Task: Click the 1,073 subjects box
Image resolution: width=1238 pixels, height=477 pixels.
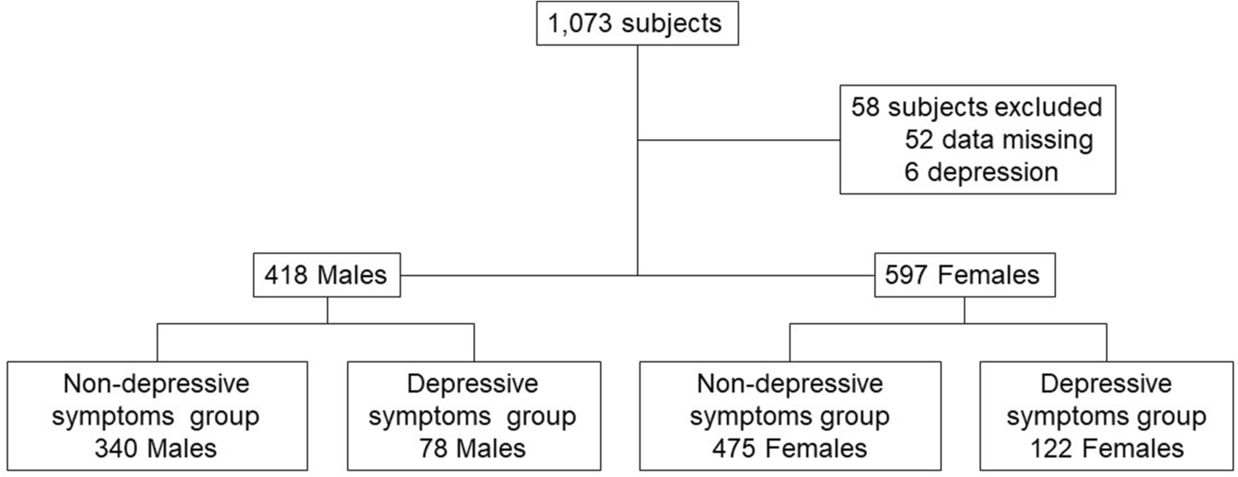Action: [638, 23]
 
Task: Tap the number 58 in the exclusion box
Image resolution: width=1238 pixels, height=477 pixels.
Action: [865, 107]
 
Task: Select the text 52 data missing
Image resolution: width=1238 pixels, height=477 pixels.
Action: [998, 140]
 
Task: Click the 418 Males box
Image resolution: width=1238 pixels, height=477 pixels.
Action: [326, 274]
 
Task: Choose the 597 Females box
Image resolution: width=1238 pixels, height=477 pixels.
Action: [964, 274]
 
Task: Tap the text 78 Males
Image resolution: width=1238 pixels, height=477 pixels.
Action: [473, 448]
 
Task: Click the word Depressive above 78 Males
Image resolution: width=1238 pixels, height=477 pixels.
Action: [473, 384]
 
